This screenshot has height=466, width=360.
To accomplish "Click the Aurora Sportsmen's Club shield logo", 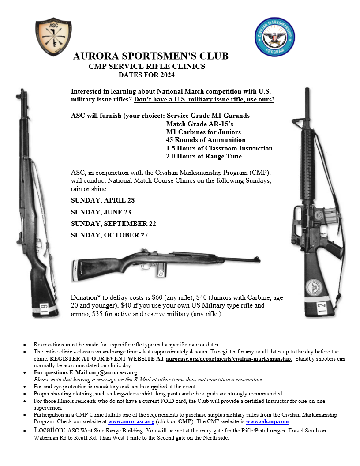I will tap(53, 33).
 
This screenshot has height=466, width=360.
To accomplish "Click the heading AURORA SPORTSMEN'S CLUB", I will tap(150, 56).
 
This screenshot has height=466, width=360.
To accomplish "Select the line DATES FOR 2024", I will tap(146, 75).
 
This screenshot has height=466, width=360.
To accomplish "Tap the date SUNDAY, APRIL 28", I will tap(103, 200).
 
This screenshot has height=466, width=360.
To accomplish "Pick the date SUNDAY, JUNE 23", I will tap(101, 212).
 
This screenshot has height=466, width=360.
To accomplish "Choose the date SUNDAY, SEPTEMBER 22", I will tap(113, 224).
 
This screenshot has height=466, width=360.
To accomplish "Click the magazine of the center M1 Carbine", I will tap(162, 270).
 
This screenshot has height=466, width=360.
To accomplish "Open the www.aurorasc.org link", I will tap(131, 421).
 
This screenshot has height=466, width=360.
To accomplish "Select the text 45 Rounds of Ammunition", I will tap(200, 140).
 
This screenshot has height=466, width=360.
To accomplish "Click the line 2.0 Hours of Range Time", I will tap(204, 156).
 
